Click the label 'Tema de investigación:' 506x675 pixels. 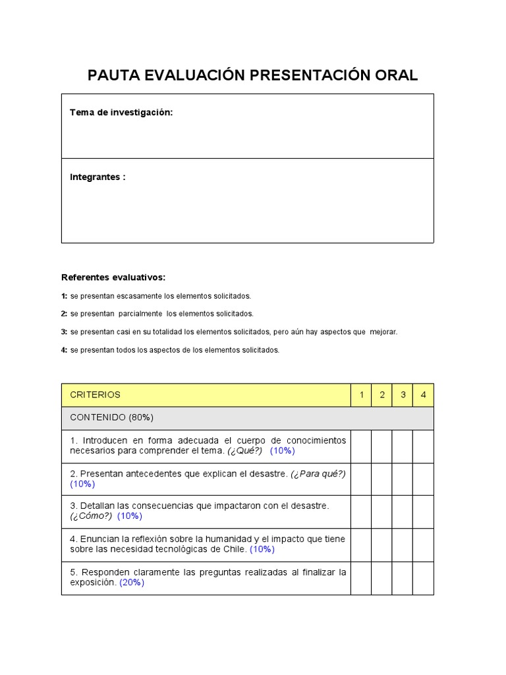pyautogui.click(x=121, y=113)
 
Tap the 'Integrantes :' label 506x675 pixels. pyautogui.click(x=98, y=177)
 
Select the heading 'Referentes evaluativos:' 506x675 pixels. pyautogui.click(x=113, y=277)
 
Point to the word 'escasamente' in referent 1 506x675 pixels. pyautogui.click(x=134, y=296)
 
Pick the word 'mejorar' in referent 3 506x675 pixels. pyautogui.click(x=382, y=332)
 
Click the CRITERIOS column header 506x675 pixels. pyautogui.click(x=96, y=395)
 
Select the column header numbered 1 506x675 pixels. pyautogui.click(x=361, y=395)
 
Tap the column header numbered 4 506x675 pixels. pyautogui.click(x=424, y=395)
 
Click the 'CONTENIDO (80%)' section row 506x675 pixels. pyautogui.click(x=112, y=418)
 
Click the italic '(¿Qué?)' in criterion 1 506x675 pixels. pyautogui.click(x=245, y=451)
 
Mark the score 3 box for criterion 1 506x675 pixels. pyautogui.click(x=403, y=446)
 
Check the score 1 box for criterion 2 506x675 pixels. pyautogui.click(x=361, y=479)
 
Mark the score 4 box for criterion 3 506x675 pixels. pyautogui.click(x=424, y=512)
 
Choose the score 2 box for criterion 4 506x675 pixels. pyautogui.click(x=381, y=545)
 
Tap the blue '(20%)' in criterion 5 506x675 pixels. pyautogui.click(x=132, y=583)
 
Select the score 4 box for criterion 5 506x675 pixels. pyautogui.click(x=424, y=578)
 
